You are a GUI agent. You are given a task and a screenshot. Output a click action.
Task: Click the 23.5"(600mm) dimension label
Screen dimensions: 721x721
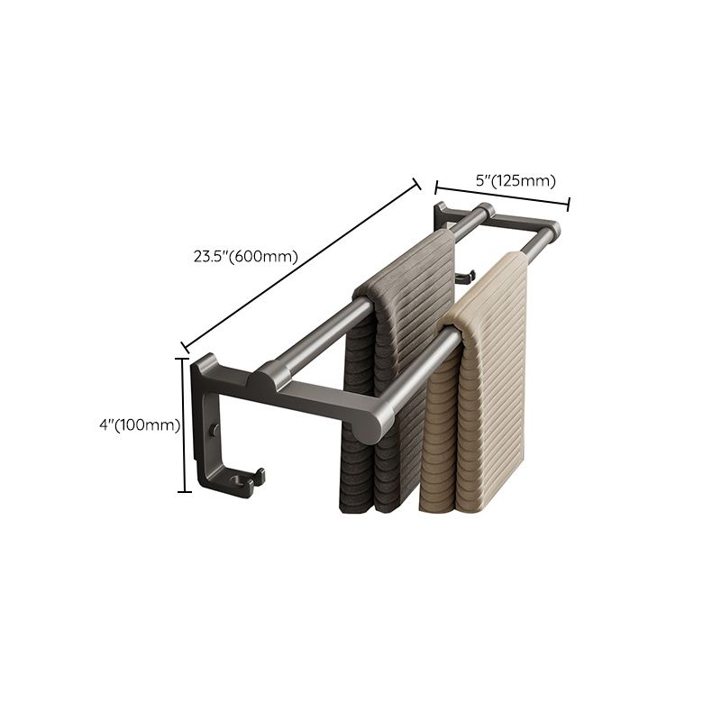pyautogui.click(x=245, y=256)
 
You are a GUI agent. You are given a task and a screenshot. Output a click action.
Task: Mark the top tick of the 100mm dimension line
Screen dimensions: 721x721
pyautogui.click(x=185, y=356)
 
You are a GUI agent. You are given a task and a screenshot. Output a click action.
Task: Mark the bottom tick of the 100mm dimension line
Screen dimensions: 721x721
pyautogui.click(x=185, y=491)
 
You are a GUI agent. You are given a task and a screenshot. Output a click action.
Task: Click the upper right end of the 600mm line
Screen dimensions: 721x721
pyautogui.click(x=417, y=183)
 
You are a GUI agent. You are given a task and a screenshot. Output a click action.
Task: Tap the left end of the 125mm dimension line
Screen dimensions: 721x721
pyautogui.click(x=437, y=188)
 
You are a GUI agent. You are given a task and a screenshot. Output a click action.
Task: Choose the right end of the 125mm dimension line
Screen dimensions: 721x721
pyautogui.click(x=569, y=205)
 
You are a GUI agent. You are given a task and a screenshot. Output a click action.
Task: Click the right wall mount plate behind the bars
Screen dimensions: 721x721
pyautogui.click(x=441, y=215)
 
